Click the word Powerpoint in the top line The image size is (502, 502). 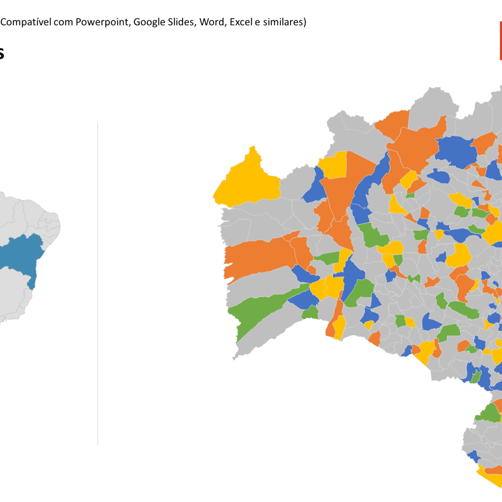[103, 22]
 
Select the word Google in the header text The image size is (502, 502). [149, 22]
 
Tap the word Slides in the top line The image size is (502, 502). [181, 22]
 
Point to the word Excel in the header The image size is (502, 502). [241, 22]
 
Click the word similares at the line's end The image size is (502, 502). [284, 22]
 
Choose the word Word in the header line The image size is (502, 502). [212, 22]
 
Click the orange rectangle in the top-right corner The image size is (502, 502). [500, 41]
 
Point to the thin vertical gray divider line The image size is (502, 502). [98, 284]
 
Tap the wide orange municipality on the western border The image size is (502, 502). [259, 257]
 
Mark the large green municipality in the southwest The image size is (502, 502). [259, 310]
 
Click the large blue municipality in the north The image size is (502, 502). [456, 151]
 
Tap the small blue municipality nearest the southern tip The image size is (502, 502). [473, 456]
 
